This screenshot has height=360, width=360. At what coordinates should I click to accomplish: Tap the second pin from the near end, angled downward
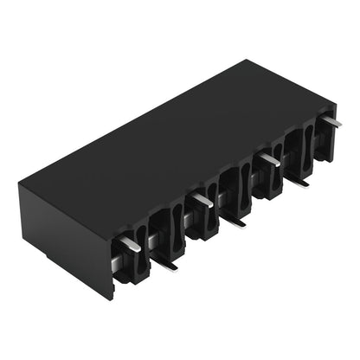point(164,261)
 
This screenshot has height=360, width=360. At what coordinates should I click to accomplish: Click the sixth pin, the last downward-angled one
point(296,180)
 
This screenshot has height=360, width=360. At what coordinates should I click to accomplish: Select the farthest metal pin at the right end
point(331,121)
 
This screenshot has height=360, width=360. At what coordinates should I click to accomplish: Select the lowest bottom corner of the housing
point(112,299)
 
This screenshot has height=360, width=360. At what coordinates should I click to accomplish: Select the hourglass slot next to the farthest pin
point(306,143)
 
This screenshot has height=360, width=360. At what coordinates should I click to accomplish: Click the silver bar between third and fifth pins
point(223,197)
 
